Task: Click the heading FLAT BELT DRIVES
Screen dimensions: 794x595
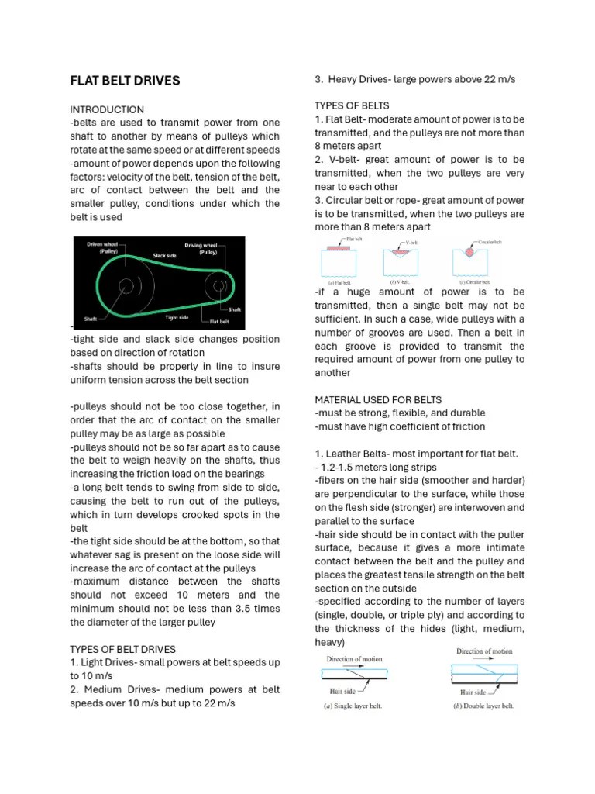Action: (x=125, y=81)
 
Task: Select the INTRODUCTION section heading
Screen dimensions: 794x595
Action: (x=107, y=109)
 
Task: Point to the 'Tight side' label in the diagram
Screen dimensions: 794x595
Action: (x=177, y=316)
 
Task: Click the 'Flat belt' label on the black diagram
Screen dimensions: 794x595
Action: (x=219, y=320)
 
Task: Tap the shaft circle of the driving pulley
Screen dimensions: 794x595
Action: (x=219, y=286)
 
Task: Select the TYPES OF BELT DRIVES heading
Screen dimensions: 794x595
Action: (x=122, y=649)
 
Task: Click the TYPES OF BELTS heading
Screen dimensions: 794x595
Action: (x=352, y=105)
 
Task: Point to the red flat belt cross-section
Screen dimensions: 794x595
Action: (x=339, y=249)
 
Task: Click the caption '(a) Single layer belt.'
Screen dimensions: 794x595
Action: (x=353, y=706)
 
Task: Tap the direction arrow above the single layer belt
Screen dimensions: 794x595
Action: (x=353, y=667)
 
